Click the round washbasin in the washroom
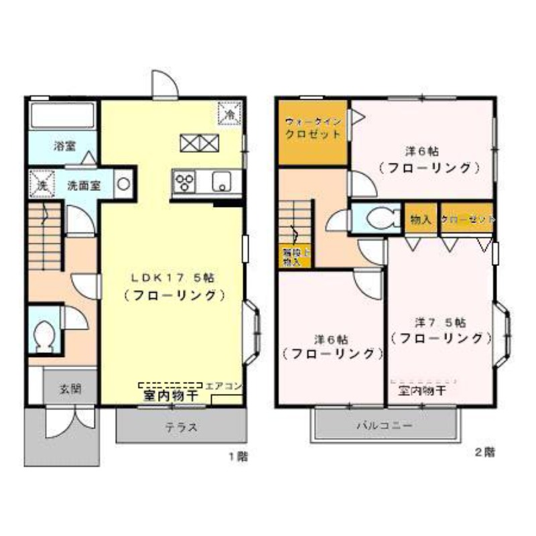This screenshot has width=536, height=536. point(124,183)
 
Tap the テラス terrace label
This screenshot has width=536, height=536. point(180,428)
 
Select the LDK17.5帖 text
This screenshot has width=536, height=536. point(172,276)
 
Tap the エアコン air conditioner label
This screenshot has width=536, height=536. point(224,387)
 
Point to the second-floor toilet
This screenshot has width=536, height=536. point(377,217)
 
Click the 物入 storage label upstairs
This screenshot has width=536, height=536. point(421,220)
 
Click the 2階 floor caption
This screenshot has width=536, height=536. point(484,452)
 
